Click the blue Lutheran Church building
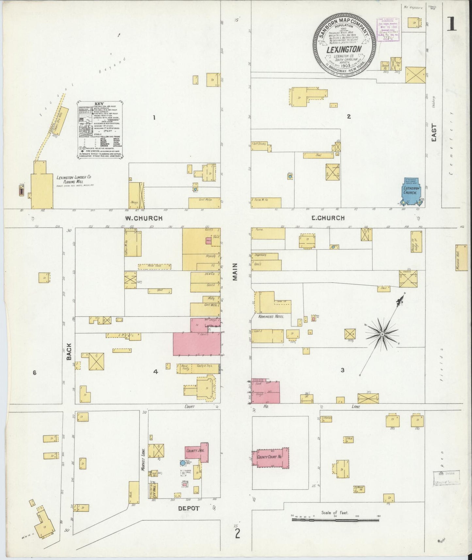410,193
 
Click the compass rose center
382,334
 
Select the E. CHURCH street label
327,218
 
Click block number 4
156,371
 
